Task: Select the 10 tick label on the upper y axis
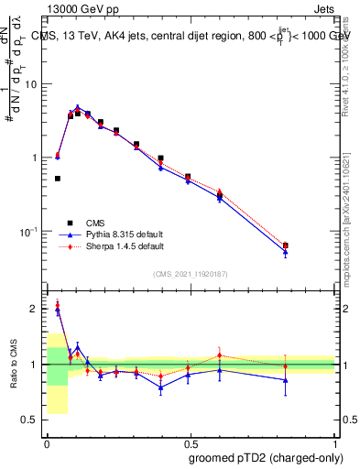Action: (x=30, y=84)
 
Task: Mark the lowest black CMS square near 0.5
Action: (x=57, y=179)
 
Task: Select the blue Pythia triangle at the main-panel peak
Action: (x=78, y=107)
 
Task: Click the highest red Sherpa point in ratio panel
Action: (x=57, y=304)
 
